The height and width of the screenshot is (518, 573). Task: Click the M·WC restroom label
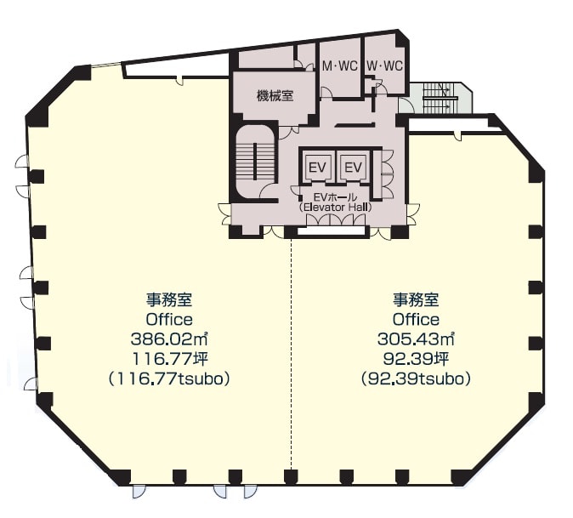click(339, 66)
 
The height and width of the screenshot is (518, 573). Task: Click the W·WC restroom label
click(384, 66)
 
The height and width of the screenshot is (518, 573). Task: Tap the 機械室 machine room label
click(275, 96)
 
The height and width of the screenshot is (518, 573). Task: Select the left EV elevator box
click(317, 168)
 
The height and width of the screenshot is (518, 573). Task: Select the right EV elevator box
click(354, 168)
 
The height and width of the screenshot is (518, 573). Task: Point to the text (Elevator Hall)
click(335, 208)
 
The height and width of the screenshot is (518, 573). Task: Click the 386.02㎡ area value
click(169, 339)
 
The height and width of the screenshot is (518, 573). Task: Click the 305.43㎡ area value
click(416, 339)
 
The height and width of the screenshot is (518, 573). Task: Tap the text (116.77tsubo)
click(169, 379)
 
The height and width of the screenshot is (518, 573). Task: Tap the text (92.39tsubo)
click(416, 379)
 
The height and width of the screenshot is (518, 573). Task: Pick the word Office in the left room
click(169, 320)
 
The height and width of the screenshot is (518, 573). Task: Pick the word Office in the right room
click(416, 320)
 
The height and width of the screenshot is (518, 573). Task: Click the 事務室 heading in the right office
click(416, 300)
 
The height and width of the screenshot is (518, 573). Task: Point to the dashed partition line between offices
click(292, 354)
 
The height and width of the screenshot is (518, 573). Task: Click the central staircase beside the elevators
click(255, 161)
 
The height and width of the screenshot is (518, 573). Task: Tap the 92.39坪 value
click(416, 359)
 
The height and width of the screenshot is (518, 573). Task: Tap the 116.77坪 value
click(169, 359)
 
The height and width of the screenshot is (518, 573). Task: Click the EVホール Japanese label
click(335, 198)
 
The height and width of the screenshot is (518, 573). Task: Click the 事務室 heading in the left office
click(169, 300)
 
